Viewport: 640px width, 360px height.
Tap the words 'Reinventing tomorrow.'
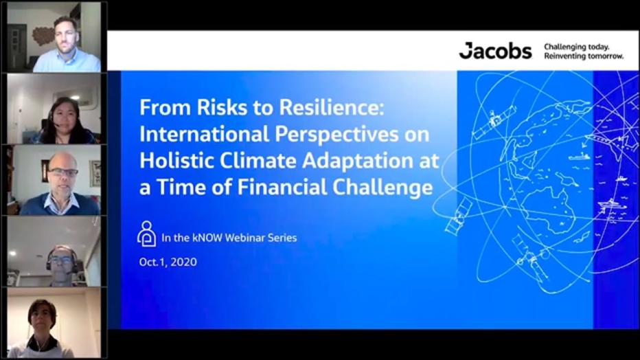[584, 56]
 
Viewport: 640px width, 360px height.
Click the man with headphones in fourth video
[62, 260]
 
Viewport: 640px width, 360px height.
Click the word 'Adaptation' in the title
[357, 160]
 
